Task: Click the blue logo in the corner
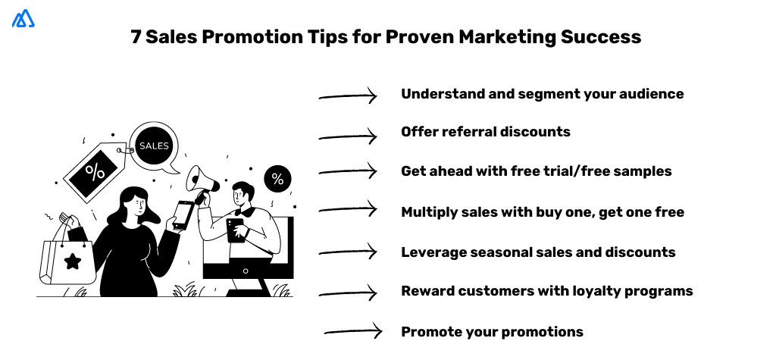23,19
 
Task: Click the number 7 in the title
136,37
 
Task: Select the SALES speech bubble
154,146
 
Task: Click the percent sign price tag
94,172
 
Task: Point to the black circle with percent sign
277,180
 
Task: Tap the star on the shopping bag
73,261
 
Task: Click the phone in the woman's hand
183,214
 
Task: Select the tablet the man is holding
236,229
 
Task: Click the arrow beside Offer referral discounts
349,136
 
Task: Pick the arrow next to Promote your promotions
353,330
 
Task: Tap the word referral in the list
464,132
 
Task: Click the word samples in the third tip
643,171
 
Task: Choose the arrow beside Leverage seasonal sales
349,251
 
